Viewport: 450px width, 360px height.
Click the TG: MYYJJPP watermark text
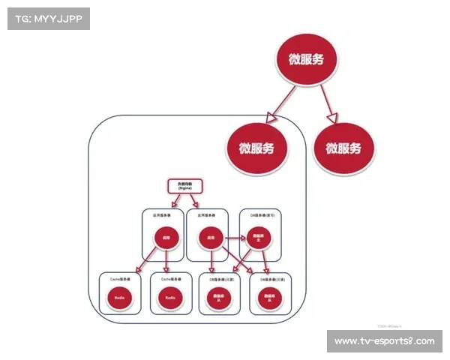tap(47, 19)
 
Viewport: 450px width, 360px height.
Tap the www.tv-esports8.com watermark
tap(384, 341)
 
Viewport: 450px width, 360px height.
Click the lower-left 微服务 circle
tap(256, 147)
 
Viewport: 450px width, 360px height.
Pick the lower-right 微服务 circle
tap(342, 147)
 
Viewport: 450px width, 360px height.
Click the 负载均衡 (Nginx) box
tap(184, 187)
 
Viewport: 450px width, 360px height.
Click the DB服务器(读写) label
tap(259, 214)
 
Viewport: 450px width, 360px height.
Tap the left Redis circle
tap(119, 298)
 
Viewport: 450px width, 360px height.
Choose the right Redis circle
tap(172, 298)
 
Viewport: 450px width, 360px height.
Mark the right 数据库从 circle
tap(269, 298)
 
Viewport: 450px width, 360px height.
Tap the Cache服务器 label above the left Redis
tap(120, 277)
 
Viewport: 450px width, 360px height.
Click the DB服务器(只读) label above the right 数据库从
tap(269, 277)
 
